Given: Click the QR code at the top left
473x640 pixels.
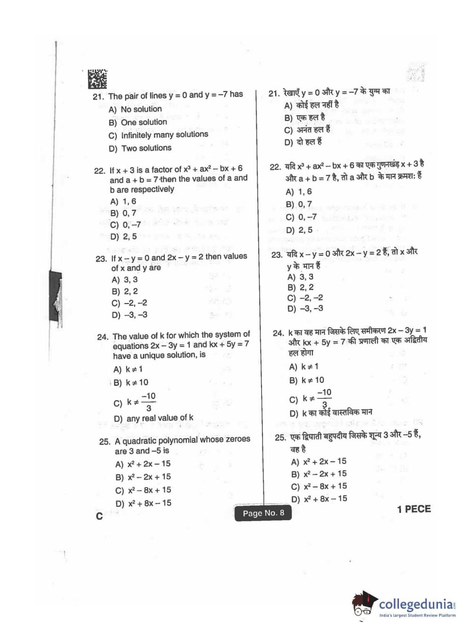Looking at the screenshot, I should point(97,79).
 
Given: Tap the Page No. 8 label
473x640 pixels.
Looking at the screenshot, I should point(263,513).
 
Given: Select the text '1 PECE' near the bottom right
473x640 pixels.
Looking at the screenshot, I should point(414,509).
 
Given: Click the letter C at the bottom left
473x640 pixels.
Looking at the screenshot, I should point(99,516).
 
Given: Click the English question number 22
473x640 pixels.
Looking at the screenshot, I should point(99,170).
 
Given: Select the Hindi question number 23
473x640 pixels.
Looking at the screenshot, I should point(277,255).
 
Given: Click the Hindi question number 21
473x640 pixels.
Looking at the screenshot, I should point(274,93).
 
